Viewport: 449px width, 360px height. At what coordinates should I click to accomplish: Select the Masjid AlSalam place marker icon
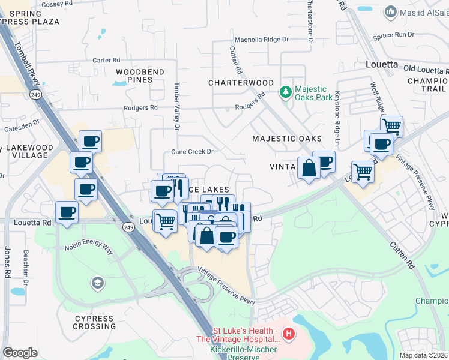pos(391,12)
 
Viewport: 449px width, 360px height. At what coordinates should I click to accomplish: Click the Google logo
pos(20,353)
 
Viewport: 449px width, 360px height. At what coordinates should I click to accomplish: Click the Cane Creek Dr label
pos(193,152)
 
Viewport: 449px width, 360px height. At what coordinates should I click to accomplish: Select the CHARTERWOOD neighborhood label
pos(241,83)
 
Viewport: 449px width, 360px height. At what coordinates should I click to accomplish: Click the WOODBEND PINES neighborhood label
pos(140,76)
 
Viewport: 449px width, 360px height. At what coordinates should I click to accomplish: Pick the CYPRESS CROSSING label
pos(94,322)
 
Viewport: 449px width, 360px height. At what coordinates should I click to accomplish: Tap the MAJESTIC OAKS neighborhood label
pos(287,139)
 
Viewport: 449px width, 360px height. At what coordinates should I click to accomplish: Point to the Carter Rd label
pos(106,61)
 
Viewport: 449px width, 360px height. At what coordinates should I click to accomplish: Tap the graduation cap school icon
pos(97,282)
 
